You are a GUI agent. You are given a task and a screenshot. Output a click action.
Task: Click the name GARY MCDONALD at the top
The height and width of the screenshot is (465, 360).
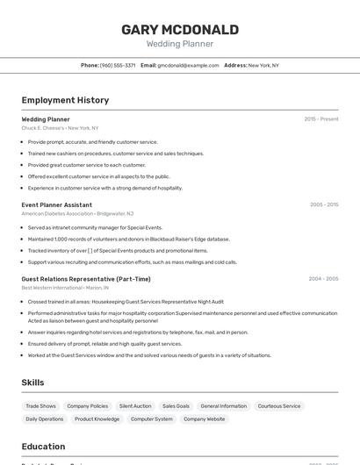point(179,30)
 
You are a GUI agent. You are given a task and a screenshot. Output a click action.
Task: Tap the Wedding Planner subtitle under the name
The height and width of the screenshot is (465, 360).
point(179,44)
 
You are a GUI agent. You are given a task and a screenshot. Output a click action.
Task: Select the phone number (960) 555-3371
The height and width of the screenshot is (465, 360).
point(117,65)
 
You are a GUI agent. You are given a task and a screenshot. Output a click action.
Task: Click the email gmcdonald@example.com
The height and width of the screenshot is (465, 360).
point(188,65)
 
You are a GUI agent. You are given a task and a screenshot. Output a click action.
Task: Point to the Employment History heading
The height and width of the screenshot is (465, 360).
point(65,100)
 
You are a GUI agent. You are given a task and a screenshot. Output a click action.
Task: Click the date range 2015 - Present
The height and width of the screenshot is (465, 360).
point(320,118)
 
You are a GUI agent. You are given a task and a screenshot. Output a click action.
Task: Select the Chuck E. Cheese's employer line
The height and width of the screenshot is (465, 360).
point(60,128)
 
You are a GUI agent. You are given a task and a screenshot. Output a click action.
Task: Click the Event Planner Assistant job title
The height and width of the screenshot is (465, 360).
point(56,204)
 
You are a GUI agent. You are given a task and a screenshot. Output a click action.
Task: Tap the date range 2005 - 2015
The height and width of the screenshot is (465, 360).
point(323,204)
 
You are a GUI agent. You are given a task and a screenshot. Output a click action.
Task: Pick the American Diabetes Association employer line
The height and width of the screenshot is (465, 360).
point(77,213)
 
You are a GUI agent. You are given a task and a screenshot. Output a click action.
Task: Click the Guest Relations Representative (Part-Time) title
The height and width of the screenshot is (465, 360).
point(86,279)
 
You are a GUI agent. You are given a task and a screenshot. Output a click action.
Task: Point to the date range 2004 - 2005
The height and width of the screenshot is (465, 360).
point(323,279)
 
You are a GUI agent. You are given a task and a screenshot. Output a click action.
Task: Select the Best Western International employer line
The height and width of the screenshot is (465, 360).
point(65,288)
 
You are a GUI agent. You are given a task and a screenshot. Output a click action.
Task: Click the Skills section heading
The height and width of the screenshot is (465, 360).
point(32,383)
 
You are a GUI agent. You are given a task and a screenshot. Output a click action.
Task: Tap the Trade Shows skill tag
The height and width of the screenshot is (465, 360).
point(40,406)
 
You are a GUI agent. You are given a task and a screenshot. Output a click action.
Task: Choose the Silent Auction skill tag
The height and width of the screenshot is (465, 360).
point(135,406)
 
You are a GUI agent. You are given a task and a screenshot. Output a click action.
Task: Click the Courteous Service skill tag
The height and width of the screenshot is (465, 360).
point(279,406)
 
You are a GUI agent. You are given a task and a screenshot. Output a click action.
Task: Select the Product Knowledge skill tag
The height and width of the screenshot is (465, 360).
point(97,419)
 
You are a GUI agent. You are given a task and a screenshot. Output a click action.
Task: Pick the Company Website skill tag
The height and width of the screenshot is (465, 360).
point(204,419)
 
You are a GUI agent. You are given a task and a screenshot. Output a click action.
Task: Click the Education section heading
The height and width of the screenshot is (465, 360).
point(43,447)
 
